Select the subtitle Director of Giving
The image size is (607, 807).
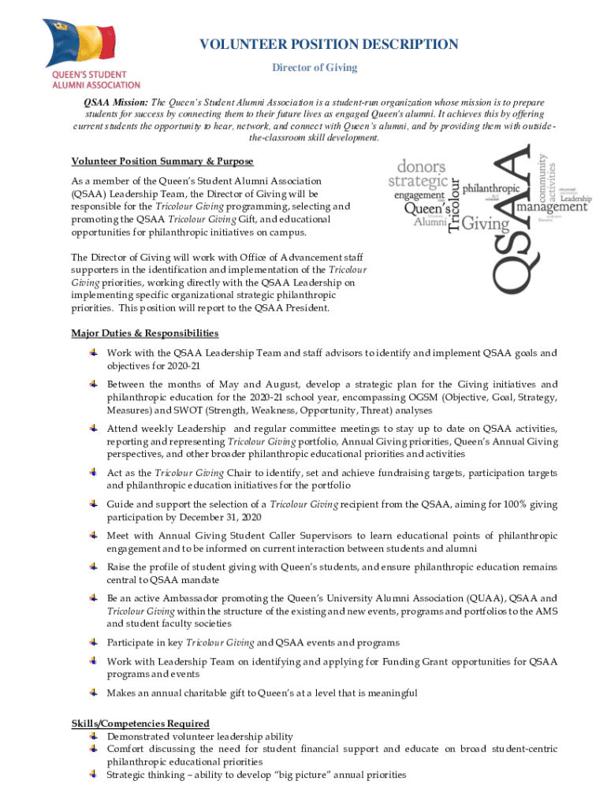click(x=315, y=68)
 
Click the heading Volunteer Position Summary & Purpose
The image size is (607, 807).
click(x=162, y=162)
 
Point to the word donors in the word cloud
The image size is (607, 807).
click(x=421, y=167)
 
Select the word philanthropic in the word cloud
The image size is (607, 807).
click(x=490, y=189)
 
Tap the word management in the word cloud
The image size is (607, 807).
click(x=552, y=208)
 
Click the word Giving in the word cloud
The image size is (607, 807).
click(x=486, y=225)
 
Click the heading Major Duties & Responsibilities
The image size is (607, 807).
click(x=145, y=333)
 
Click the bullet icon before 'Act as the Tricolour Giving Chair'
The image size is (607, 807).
click(x=93, y=472)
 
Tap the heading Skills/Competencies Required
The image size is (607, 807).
click(x=140, y=723)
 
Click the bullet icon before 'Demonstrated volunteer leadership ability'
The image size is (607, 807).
click(x=93, y=735)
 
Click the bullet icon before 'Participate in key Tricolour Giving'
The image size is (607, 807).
click(x=93, y=642)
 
